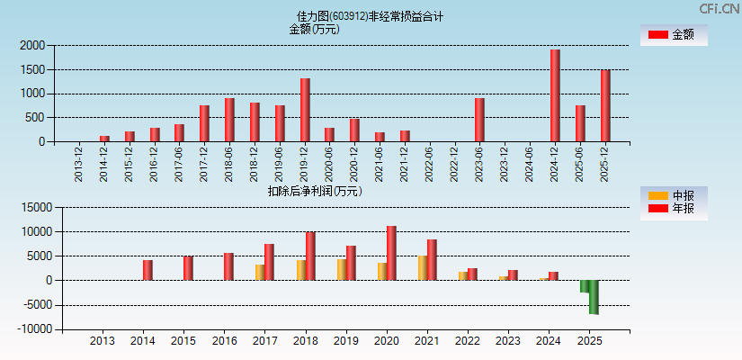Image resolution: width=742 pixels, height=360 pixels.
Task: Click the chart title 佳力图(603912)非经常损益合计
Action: [x=370, y=16]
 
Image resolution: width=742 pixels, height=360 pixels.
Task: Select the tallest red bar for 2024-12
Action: [x=555, y=95]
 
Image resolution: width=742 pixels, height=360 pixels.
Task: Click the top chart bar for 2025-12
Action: [x=605, y=105]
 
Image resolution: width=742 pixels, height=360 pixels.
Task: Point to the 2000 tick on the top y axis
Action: [x=32, y=45]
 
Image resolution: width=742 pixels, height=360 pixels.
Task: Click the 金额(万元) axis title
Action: [x=314, y=29]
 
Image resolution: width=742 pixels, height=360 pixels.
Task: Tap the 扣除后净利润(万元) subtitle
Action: [x=315, y=191]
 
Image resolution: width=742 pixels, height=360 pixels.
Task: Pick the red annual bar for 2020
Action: [x=391, y=253]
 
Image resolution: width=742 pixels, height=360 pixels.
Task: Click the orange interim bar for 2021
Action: [x=423, y=268]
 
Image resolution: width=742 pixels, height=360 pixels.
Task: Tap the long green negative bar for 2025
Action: [x=594, y=297]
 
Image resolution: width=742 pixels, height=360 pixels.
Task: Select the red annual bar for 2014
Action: [x=148, y=270]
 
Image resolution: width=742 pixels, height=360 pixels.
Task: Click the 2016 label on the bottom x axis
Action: [x=224, y=342]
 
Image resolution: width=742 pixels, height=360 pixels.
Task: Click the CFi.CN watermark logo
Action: [x=720, y=9]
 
